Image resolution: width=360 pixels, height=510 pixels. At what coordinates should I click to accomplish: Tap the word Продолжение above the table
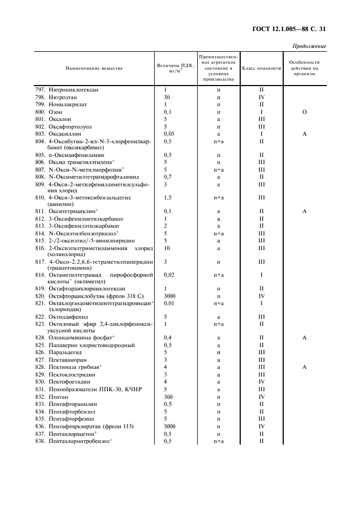309,46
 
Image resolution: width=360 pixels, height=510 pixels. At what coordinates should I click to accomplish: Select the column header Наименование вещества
94,69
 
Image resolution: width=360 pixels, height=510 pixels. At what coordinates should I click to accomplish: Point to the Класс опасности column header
261,69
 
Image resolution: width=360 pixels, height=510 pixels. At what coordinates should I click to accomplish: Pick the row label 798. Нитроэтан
57,97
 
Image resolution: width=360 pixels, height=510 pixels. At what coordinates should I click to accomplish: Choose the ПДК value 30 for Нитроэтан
167,97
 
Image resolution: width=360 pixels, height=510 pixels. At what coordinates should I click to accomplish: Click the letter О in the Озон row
304,112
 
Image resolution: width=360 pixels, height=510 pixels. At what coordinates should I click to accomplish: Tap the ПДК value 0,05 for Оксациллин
169,133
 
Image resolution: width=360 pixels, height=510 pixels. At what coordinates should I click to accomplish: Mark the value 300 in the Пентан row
168,397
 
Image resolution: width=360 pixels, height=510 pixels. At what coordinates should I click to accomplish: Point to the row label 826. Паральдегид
60,353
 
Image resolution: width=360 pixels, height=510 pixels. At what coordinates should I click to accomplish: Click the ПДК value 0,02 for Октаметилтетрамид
169,275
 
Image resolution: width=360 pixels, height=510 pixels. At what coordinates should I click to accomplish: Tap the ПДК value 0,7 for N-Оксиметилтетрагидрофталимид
168,177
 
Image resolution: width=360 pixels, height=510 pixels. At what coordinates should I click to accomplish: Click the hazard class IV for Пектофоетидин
261,382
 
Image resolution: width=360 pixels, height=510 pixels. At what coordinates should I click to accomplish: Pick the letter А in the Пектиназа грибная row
304,367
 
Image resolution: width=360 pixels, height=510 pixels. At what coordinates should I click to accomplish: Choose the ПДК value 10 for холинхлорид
167,247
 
